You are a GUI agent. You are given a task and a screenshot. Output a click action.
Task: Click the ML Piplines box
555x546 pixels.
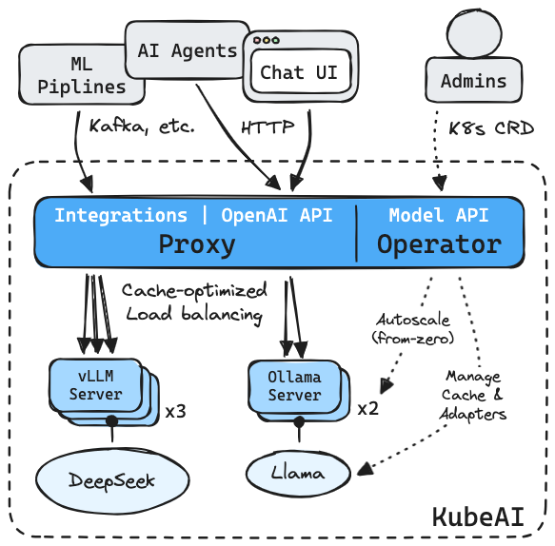point(82,74)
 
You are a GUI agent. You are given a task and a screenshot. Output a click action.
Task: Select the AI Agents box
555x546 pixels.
point(188,49)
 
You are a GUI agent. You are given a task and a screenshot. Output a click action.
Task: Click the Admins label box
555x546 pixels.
point(473,80)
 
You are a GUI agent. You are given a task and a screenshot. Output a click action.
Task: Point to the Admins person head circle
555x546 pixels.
point(474,33)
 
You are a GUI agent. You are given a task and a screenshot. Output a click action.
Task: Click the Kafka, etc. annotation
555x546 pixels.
point(142,127)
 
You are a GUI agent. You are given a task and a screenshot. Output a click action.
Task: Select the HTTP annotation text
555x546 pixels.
point(268,127)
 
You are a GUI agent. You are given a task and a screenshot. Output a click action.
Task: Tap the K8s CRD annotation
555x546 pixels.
point(491,128)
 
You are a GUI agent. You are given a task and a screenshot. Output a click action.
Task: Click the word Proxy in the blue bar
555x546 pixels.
point(197,244)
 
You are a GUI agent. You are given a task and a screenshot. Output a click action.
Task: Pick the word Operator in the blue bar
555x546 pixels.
point(439,244)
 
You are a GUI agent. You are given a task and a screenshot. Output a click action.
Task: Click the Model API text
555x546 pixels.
point(439,215)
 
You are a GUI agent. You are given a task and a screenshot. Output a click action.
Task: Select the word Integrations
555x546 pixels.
point(121,215)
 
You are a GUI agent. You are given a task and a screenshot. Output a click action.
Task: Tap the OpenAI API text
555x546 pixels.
point(277,215)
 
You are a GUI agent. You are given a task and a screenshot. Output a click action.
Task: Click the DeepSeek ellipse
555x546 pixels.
point(112,480)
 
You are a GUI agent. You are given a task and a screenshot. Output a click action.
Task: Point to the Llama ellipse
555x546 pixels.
point(298,473)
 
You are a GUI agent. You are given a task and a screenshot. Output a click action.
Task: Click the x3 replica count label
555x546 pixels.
point(175,411)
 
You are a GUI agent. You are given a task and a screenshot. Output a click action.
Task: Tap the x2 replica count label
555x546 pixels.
point(368,409)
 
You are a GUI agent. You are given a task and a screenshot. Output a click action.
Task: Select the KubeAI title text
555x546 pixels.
point(478,517)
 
